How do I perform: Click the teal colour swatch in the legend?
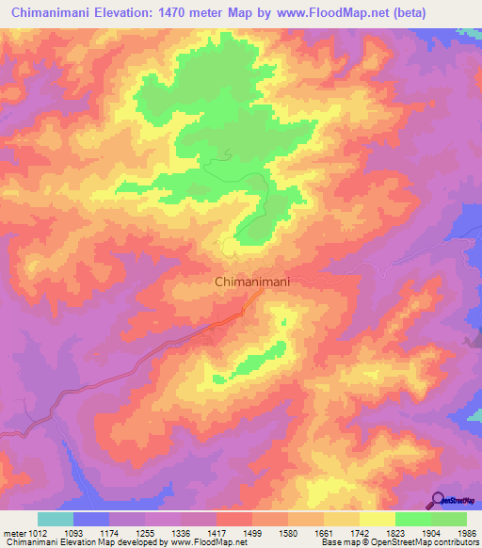[x=56, y=519]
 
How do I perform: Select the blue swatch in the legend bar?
[x=91, y=519]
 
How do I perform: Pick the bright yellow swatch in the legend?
[x=378, y=519]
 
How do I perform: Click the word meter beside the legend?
[x=15, y=533]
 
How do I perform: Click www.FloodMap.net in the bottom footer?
[x=203, y=543]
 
